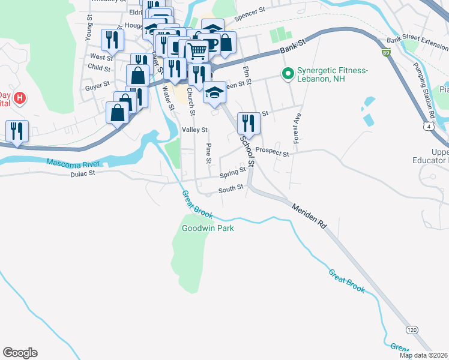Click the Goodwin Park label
(208, 228)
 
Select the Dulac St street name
(83, 174)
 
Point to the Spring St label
(233, 173)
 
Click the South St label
(231, 188)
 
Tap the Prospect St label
(272, 151)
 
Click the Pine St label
(209, 153)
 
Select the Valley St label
(194, 130)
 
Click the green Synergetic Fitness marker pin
(288, 75)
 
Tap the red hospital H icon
(20, 98)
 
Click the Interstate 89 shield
(385, 53)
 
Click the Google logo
(20, 353)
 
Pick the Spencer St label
(250, 14)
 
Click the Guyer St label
(98, 85)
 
